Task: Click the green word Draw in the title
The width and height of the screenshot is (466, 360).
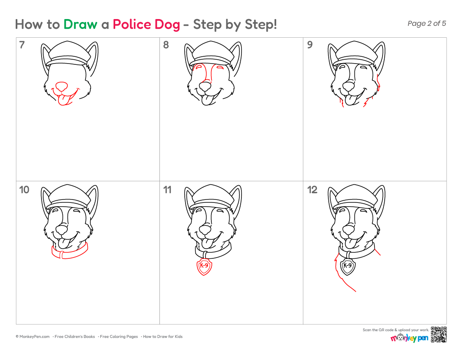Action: coord(80,25)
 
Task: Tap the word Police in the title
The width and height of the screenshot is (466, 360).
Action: coord(131,25)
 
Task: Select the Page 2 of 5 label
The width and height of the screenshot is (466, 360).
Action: coord(427,23)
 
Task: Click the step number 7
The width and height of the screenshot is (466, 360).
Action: coord(22,45)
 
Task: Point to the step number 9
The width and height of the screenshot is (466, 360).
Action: coord(310,45)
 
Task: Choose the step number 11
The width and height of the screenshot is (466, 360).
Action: coord(167,190)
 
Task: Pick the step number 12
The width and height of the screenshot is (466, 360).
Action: coord(312,190)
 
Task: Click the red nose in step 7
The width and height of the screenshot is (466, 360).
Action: coord(61,86)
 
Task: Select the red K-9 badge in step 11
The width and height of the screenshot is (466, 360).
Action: coord(204,266)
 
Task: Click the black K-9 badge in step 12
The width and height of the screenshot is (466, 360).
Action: coord(348,266)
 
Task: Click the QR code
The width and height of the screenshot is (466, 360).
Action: coord(438,335)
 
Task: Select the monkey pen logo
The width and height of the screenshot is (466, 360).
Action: coord(409,338)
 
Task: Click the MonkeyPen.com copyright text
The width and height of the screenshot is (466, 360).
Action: coord(33,337)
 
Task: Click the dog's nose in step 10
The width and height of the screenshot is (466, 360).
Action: coord(62,230)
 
